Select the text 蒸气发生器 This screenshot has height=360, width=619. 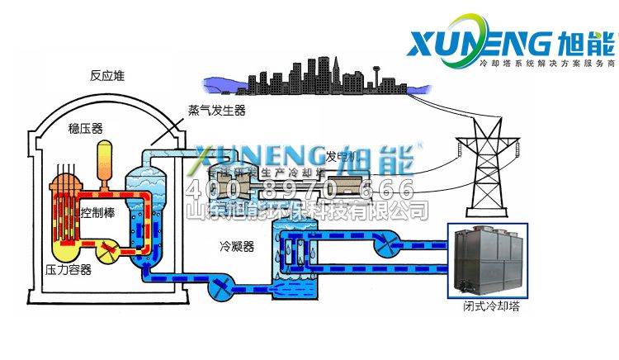coord(216,109)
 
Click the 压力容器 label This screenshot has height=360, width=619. coord(68,269)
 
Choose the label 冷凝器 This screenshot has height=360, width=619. coord(234,246)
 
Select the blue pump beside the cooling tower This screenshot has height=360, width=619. coord(384,244)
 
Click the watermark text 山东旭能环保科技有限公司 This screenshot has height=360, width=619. coord(309,211)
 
